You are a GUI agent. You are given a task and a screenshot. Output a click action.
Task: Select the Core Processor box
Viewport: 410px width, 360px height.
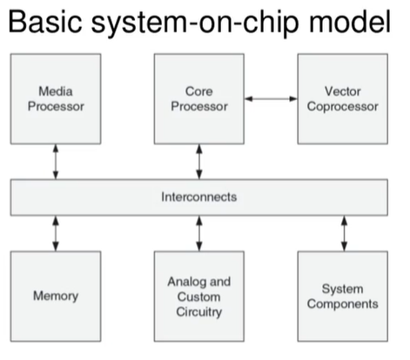199,98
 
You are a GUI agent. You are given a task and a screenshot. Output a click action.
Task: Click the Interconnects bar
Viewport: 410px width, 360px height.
199,197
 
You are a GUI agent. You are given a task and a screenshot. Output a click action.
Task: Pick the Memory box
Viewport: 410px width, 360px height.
56,296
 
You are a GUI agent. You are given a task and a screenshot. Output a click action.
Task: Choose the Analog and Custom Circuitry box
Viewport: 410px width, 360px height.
199,296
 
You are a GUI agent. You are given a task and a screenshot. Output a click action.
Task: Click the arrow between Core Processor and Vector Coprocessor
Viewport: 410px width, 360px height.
271,99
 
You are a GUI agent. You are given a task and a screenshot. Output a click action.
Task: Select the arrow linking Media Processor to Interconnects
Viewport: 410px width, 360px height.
56,162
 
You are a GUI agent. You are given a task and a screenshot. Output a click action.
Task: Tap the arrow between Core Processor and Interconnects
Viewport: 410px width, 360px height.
199,162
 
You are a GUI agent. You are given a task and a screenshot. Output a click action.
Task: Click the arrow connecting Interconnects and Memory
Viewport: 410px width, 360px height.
56,233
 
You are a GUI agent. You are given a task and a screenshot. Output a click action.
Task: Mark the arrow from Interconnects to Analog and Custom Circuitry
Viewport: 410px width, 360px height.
199,233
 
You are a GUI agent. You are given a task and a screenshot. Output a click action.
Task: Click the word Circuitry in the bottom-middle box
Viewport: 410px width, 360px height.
199,311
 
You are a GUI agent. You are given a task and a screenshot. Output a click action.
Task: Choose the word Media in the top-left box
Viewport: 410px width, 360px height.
56,90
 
